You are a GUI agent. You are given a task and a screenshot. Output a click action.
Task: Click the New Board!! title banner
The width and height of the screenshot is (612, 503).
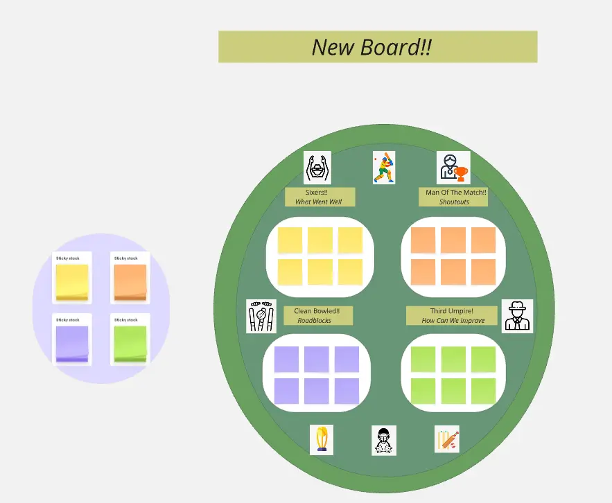[x=378, y=46]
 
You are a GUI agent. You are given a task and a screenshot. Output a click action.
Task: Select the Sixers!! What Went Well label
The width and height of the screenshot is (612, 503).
[x=320, y=197]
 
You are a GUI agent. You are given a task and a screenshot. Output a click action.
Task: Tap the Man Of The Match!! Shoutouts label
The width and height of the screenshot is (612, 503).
[x=453, y=197]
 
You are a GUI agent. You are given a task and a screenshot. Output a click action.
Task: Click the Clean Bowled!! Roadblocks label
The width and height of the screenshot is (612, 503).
[x=318, y=316]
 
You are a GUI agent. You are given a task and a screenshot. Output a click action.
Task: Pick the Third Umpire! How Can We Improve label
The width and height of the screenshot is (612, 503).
[x=452, y=316]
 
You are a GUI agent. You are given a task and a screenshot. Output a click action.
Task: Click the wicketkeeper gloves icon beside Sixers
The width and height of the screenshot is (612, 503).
[x=317, y=168]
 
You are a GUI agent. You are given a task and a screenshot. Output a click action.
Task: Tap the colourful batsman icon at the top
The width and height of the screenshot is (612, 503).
[x=384, y=168]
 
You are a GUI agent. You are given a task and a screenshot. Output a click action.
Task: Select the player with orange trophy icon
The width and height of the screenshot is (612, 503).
[x=453, y=168]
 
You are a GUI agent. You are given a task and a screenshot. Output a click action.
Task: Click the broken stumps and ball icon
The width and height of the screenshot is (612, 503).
[x=261, y=316]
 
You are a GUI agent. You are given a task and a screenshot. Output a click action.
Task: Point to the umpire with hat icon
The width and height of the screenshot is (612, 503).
[x=517, y=316]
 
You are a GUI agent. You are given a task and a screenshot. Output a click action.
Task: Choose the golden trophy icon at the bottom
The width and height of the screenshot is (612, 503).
[x=321, y=440]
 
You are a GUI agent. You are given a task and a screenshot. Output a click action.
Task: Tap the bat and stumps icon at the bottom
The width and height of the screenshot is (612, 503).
[x=447, y=439]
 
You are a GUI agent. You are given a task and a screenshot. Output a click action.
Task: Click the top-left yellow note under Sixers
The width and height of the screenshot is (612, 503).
[x=290, y=240]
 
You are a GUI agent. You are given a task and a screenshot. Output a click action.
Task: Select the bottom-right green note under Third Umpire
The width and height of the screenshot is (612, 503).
[x=483, y=391]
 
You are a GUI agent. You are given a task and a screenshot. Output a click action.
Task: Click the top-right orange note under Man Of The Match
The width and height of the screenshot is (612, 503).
[x=483, y=240]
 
